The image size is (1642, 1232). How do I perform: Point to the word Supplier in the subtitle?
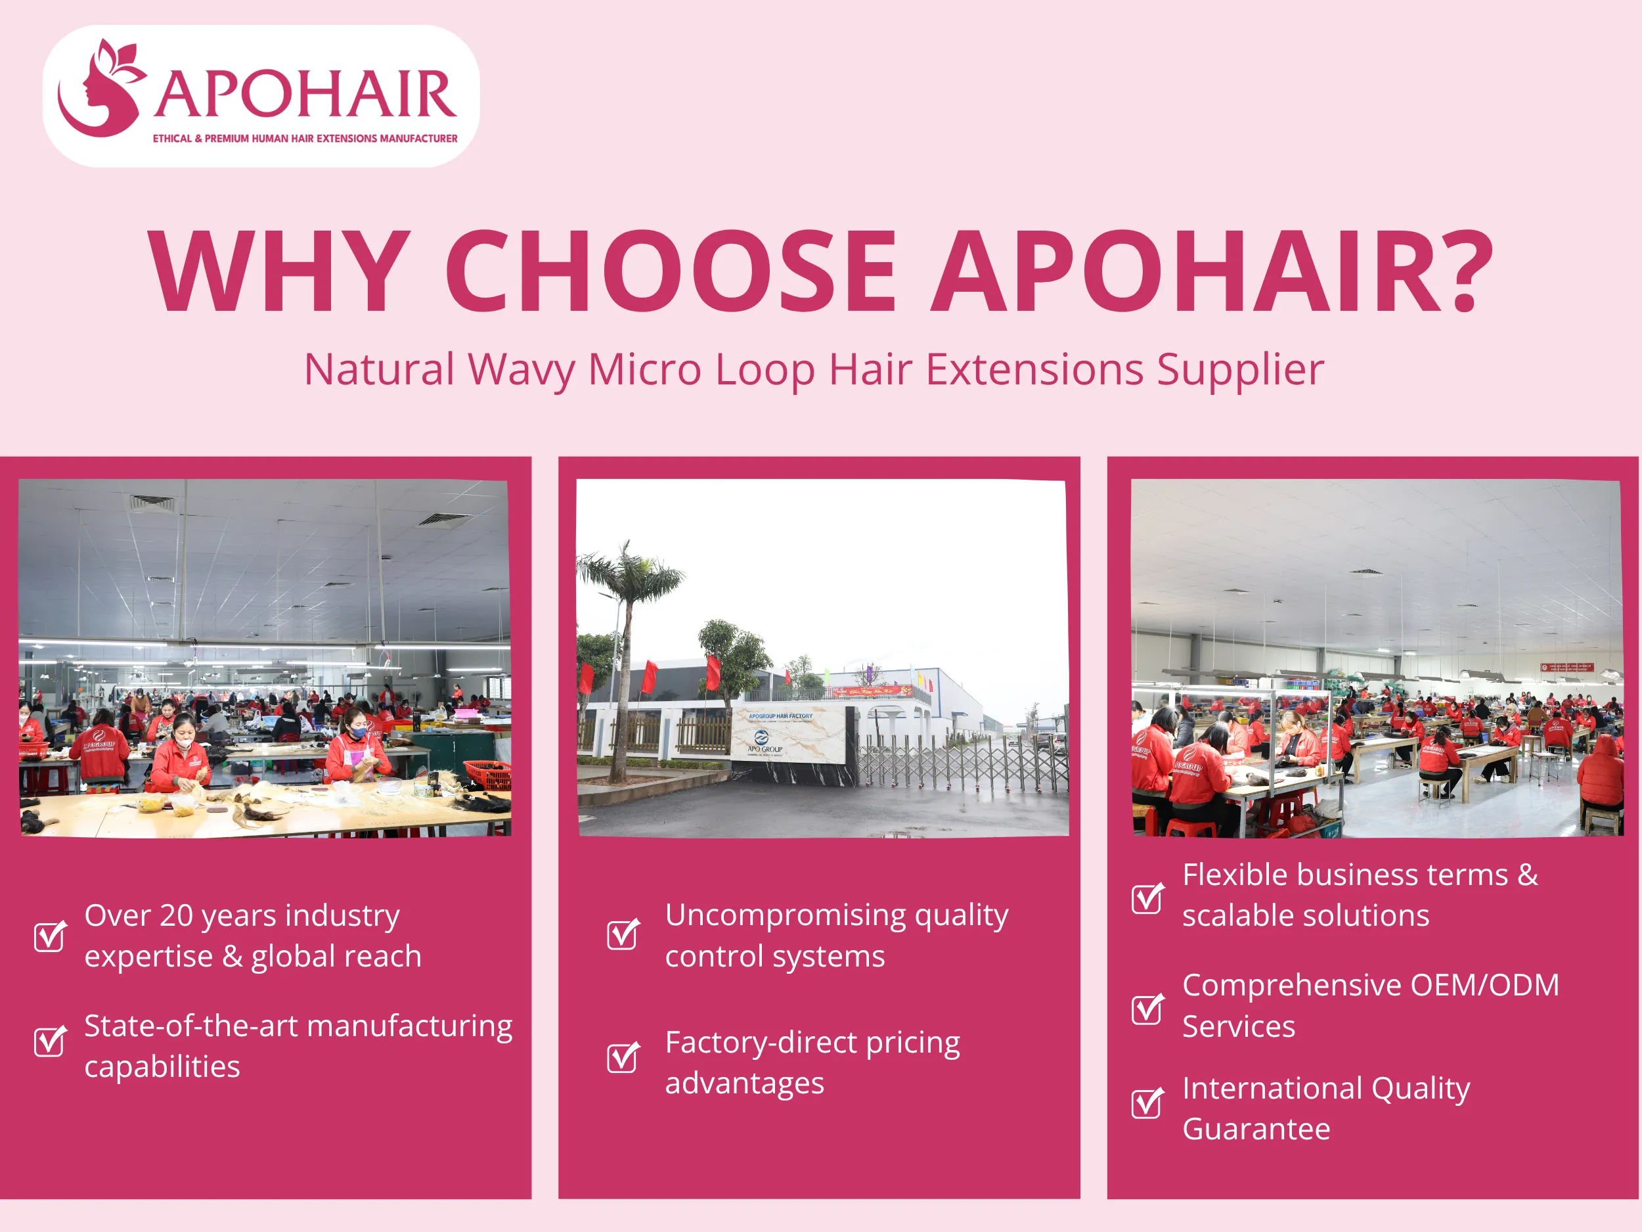[1239, 370]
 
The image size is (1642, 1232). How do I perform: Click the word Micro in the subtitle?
[644, 370]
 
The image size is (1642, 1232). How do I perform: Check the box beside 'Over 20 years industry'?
[50, 936]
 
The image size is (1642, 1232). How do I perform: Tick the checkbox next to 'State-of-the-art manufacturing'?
[50, 1041]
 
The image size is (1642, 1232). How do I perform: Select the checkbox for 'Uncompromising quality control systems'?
[622, 934]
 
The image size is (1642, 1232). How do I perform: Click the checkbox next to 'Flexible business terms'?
[1147, 899]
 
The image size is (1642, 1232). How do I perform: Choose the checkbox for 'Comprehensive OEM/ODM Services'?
[1147, 1009]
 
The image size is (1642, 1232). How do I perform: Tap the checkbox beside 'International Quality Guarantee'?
[1147, 1103]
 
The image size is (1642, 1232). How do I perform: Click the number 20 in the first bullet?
[177, 916]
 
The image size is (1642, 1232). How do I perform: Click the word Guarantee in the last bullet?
[1256, 1129]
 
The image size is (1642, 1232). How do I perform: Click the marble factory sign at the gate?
[787, 735]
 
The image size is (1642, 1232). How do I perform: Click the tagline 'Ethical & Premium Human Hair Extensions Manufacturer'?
[304, 139]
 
